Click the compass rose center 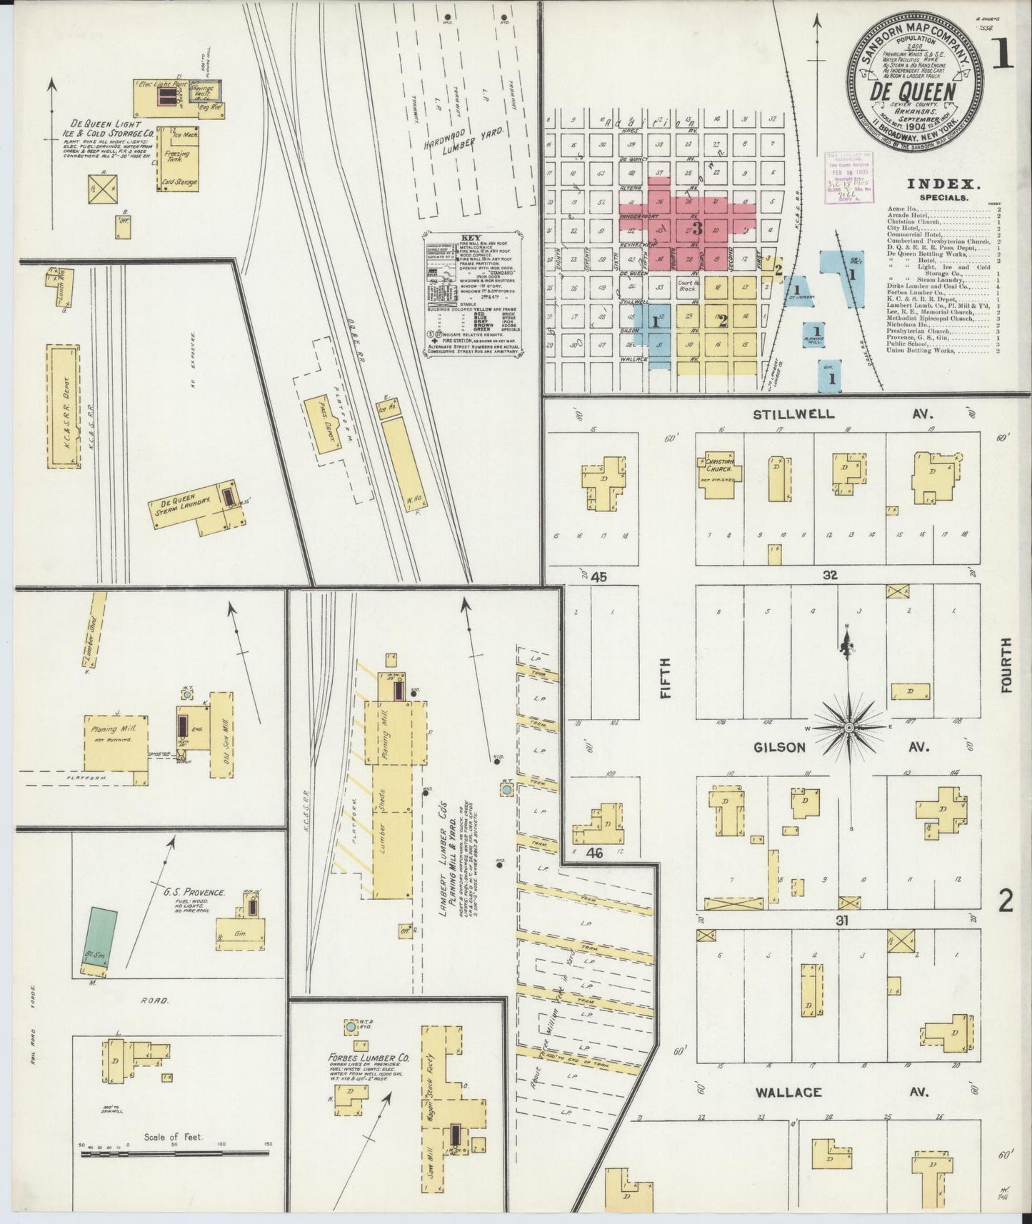pos(848,728)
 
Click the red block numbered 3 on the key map pos(696,229)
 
